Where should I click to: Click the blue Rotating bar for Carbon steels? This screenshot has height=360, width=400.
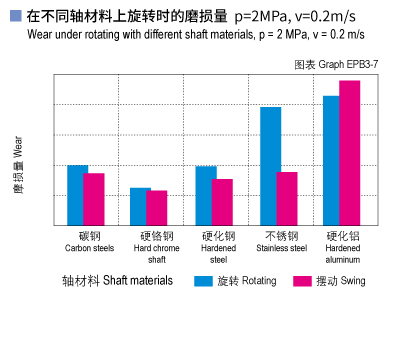click(77, 195)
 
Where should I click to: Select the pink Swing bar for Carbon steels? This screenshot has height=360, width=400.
click(94, 199)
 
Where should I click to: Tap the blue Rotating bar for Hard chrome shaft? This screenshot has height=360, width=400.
click(140, 206)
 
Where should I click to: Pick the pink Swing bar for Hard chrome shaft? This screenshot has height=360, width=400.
click(157, 207)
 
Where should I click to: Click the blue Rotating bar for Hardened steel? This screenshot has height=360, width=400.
click(205, 195)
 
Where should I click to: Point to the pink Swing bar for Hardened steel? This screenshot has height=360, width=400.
click(222, 201)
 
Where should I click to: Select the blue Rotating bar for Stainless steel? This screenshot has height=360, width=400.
click(270, 165)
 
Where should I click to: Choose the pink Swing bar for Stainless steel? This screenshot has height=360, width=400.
click(287, 198)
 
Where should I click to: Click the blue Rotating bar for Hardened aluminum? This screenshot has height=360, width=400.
click(331, 160)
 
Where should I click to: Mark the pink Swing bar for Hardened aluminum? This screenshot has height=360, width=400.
click(349, 152)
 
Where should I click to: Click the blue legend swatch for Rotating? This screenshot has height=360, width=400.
click(203, 281)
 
